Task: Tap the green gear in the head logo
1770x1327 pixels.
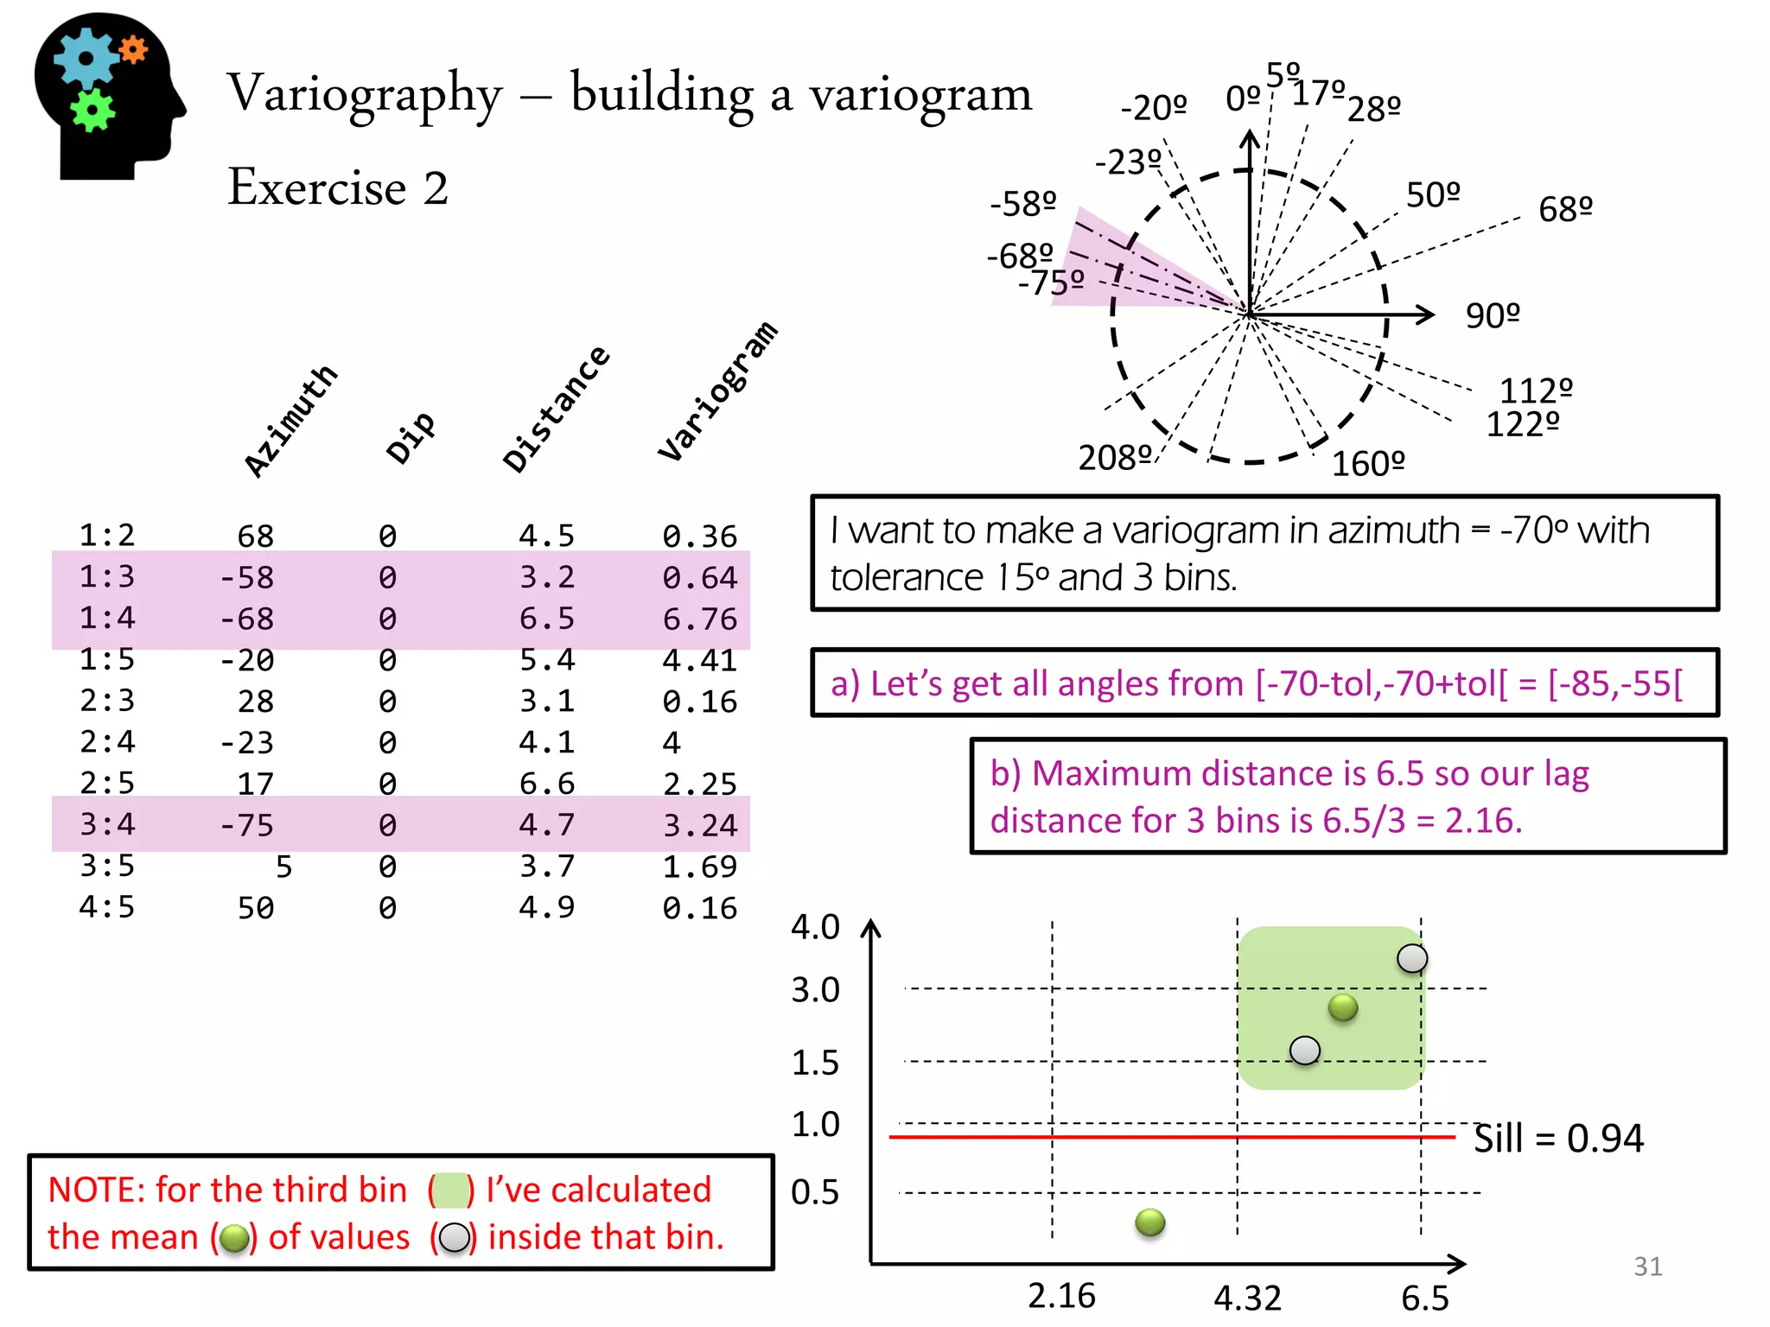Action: click(x=92, y=111)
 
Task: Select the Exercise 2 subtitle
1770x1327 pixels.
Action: click(x=338, y=187)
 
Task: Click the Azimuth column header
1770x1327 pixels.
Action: click(x=290, y=420)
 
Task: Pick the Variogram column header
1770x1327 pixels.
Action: click(x=717, y=391)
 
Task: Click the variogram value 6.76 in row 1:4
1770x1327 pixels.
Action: click(x=699, y=619)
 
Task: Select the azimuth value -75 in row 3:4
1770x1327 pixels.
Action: click(x=247, y=825)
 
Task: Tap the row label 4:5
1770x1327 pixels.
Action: click(x=107, y=907)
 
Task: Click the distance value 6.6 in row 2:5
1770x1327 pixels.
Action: click(x=546, y=784)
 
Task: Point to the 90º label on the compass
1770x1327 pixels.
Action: click(x=1493, y=315)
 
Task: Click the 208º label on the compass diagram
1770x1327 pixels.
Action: click(x=1115, y=457)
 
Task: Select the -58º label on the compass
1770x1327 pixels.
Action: click(x=1023, y=204)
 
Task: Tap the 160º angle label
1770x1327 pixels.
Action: click(x=1368, y=464)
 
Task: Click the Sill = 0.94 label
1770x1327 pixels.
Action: click(x=1557, y=1138)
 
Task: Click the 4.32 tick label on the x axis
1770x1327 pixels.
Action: click(x=1247, y=1298)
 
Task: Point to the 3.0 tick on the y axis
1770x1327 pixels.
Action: click(x=815, y=989)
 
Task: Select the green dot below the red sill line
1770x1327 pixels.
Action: click(x=1149, y=1222)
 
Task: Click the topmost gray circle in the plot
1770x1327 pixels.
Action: click(x=1412, y=958)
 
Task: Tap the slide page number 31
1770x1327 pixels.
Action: click(x=1647, y=1266)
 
